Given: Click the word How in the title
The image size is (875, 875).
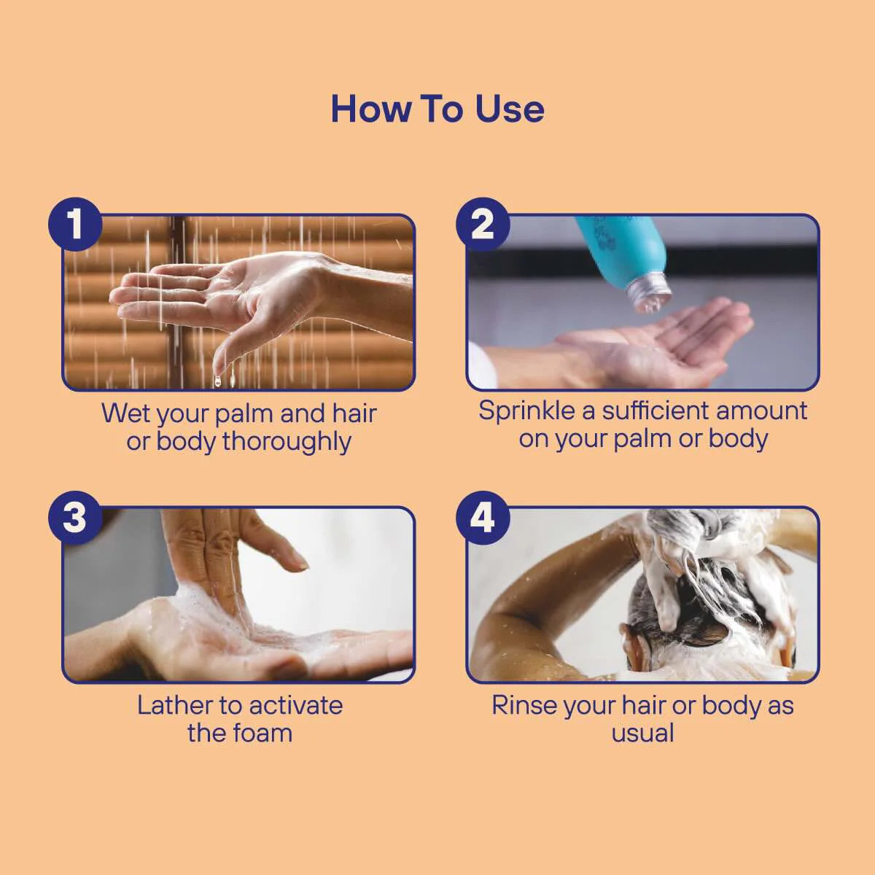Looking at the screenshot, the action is point(371,109).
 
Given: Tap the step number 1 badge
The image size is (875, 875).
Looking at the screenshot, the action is point(75,224).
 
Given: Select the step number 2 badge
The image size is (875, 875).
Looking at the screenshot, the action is point(482,224).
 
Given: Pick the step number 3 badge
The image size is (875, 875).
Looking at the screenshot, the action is point(75,518).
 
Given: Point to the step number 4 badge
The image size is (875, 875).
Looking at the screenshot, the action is point(482,518).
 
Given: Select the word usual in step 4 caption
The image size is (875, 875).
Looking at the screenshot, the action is point(642,734).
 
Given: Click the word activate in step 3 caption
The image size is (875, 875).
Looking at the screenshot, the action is point(295,705).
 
